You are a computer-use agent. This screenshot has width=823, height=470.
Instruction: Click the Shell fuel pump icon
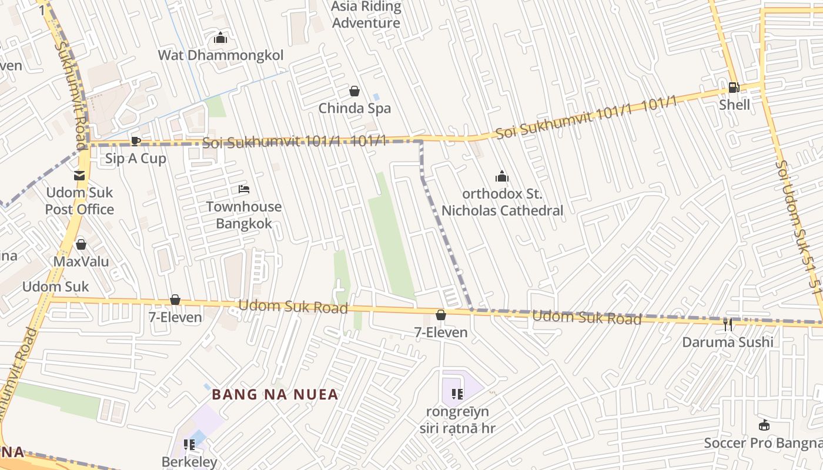coord(734,88)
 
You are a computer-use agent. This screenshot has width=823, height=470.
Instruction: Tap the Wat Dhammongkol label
coord(220,55)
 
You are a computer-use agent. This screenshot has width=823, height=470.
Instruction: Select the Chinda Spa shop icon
coord(354,91)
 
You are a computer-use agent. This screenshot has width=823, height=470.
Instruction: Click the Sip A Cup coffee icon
coord(135,141)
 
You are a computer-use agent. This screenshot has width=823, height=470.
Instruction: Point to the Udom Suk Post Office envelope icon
coord(79,175)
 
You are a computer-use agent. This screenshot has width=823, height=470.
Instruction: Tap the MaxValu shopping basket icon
coord(81,244)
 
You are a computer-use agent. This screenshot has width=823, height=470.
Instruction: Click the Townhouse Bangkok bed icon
coord(244,189)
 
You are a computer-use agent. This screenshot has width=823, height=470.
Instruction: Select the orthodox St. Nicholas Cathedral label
coord(502,202)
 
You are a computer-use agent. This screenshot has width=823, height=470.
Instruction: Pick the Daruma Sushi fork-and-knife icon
coord(728,324)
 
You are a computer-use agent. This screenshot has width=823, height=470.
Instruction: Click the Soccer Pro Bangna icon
coord(764,425)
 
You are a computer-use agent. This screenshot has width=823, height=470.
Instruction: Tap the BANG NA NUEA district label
coord(275,394)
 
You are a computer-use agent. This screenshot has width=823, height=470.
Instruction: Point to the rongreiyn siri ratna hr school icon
coord(457,394)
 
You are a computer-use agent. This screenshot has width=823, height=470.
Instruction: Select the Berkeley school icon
coord(189,445)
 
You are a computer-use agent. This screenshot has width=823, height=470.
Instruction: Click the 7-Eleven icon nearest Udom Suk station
coord(175,300)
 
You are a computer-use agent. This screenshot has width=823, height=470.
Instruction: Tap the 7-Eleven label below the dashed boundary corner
coord(441,333)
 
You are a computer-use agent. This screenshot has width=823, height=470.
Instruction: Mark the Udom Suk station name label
coord(56,287)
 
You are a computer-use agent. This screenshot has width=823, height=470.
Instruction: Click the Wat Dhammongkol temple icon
coord(220,38)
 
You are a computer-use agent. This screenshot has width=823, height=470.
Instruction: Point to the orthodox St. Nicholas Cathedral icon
coord(501,176)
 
